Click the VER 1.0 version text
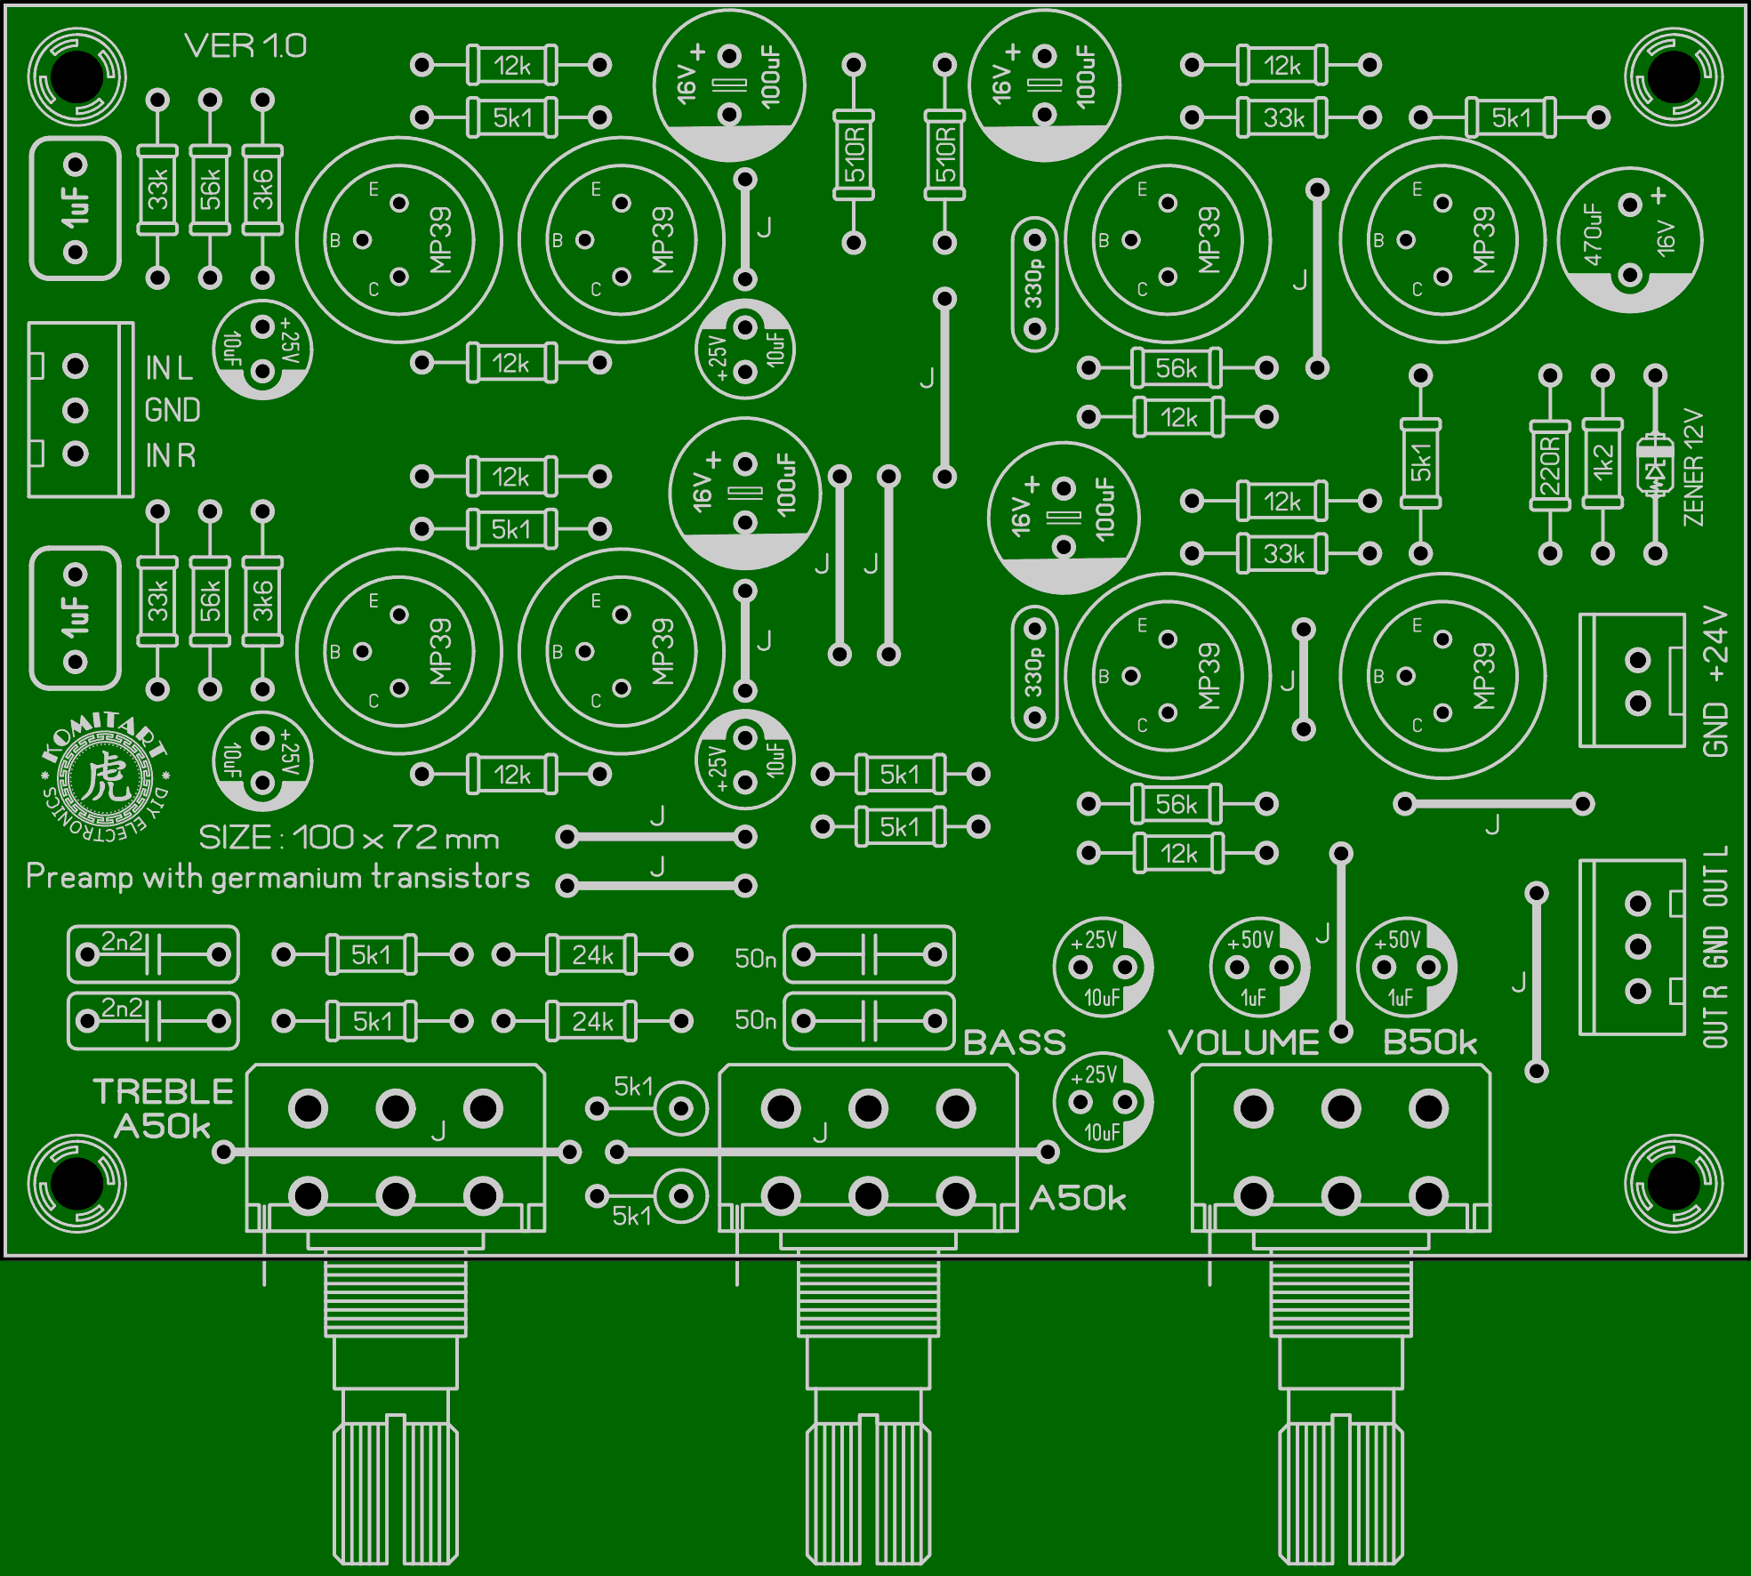tap(245, 46)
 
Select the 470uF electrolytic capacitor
tap(1630, 240)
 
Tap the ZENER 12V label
tap(1694, 467)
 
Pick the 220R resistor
tap(1550, 465)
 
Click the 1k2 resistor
tap(1602, 463)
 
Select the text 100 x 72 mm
tap(396, 838)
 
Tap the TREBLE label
tap(164, 1091)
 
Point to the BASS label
tap(1015, 1042)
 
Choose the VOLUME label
tap(1243, 1042)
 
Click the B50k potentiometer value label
tap(1430, 1042)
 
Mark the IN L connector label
tap(169, 367)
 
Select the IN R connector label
tap(171, 455)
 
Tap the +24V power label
tap(1715, 644)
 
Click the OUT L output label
tap(1715, 876)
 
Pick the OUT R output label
tap(1715, 1017)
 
